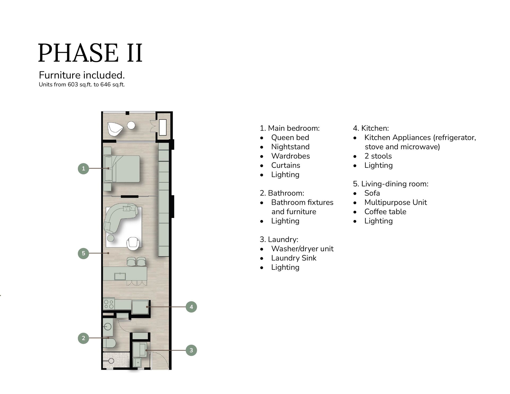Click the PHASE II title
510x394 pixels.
(90, 53)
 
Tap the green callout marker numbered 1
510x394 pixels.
(83, 168)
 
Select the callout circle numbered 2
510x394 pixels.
(83, 338)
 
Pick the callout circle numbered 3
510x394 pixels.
(191, 350)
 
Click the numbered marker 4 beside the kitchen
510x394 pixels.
(191, 307)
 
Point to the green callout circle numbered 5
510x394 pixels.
(83, 253)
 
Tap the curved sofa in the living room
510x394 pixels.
(120, 216)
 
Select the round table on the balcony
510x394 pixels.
(131, 125)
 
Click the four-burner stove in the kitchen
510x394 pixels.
(109, 304)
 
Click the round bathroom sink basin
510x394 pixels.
(108, 326)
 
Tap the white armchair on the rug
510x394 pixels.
(132, 243)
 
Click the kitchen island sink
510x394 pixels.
(121, 276)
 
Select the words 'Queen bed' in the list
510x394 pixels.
(290, 138)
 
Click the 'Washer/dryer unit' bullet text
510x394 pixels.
(302, 249)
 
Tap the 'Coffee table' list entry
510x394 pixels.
(385, 212)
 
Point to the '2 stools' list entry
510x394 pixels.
(378, 156)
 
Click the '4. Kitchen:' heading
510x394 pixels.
(371, 128)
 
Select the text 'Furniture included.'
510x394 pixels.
(82, 75)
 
